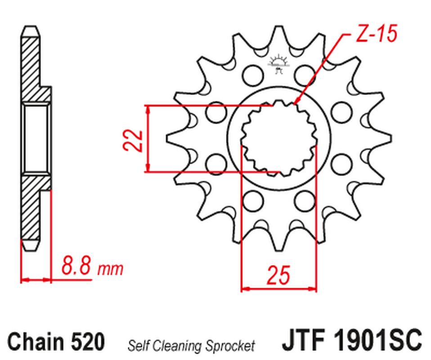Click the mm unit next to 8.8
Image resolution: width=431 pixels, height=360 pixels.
pyautogui.click(x=110, y=269)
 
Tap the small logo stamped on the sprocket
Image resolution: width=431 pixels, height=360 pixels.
pyautogui.click(x=277, y=63)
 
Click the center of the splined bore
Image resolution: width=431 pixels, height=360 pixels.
pyautogui.click(x=278, y=137)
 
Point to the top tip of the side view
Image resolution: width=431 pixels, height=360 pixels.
pyautogui.click(x=30, y=27)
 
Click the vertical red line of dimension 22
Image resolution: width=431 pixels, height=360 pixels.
pyautogui.click(x=148, y=139)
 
